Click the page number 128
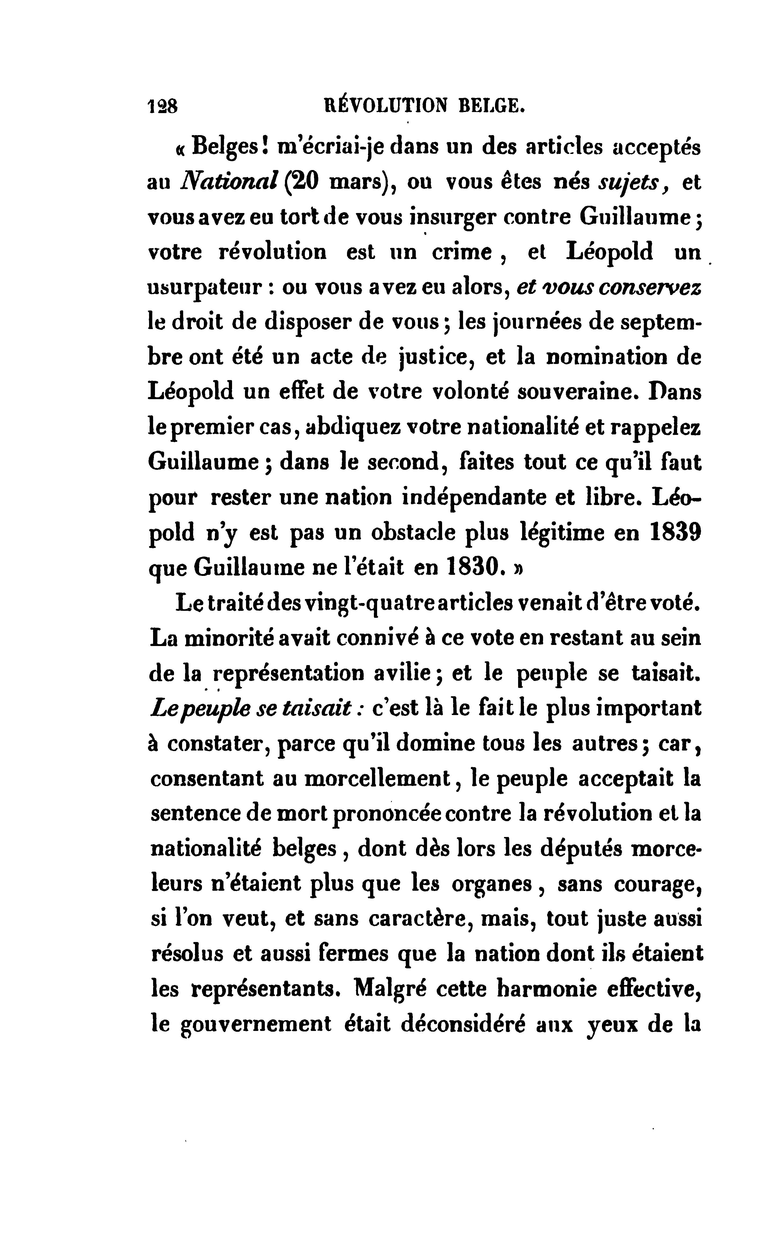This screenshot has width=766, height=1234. [162, 106]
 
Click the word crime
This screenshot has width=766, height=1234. [461, 252]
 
